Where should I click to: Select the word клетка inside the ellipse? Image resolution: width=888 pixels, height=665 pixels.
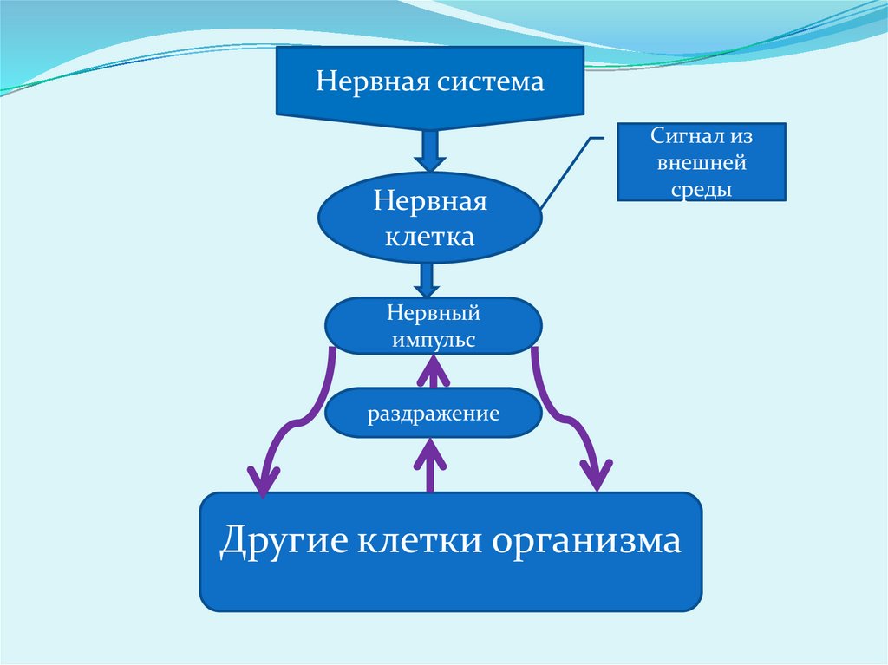point(431,236)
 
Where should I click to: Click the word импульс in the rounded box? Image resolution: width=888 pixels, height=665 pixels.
point(434,341)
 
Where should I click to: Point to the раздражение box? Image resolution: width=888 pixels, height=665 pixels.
point(434,414)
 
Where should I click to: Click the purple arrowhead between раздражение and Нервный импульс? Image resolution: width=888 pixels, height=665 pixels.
point(434,373)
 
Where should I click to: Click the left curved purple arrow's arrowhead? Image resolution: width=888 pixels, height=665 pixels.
point(264,479)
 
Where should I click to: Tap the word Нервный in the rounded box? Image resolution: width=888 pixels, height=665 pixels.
point(434,313)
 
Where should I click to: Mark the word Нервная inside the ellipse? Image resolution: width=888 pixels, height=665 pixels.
point(431,202)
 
